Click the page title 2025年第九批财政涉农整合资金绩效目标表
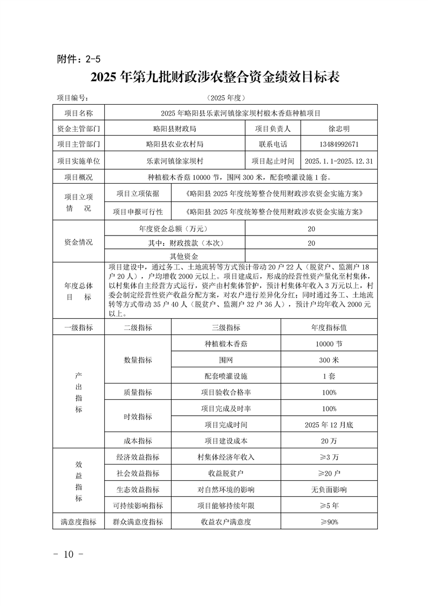214,77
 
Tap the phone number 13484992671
339,144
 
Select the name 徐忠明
339,129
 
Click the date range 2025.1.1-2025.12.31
339,161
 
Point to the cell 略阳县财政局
174,129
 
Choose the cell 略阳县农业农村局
174,144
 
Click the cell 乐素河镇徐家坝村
174,161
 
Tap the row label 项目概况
79,177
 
